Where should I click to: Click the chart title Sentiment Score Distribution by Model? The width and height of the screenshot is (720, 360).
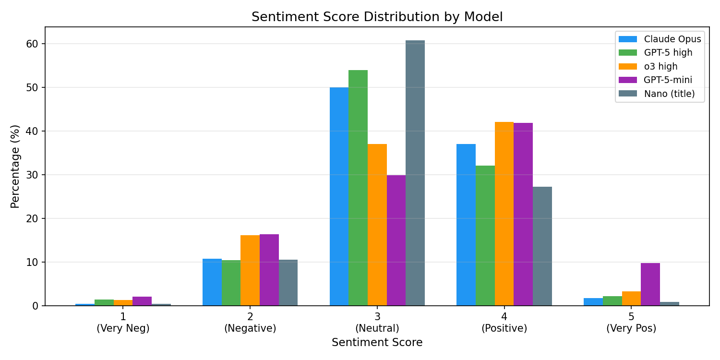coord(377,17)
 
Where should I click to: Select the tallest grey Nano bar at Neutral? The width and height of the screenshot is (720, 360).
coord(415,173)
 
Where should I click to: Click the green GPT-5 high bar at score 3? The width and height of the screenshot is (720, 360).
coord(358,188)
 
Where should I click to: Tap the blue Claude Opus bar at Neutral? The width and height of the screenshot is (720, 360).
coord(339,196)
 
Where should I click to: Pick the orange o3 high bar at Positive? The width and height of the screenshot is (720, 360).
coord(504,214)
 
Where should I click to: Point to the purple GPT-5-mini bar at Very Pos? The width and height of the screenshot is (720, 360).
coord(650,285)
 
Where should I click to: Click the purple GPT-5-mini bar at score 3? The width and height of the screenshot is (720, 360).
coord(396,240)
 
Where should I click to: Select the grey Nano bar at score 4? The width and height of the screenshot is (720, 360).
coord(542,246)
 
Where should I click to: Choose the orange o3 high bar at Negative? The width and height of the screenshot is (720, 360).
coord(250,270)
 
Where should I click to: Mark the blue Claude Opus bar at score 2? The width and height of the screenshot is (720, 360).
coord(212,282)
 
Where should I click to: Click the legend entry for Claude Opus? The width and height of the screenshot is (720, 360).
coord(660,39)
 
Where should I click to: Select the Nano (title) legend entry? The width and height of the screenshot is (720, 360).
coord(657,94)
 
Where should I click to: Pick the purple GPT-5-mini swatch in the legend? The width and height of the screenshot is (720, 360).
coord(628,80)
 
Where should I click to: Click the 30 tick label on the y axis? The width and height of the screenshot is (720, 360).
coord(32,175)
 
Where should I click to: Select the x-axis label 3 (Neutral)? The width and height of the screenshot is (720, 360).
coord(377,323)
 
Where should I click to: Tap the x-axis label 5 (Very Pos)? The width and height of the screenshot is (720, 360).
coord(631,323)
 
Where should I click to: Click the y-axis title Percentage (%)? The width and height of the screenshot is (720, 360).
coord(15,167)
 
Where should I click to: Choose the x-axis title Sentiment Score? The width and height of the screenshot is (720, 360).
coord(377,343)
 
